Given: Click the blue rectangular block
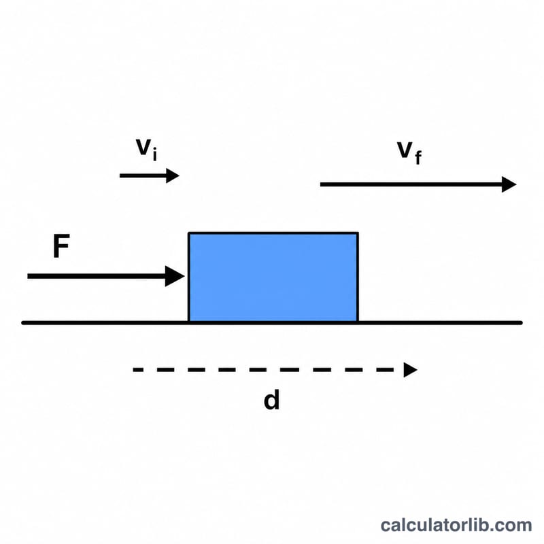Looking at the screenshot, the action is (x=273, y=277).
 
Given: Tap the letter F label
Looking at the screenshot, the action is (x=61, y=246).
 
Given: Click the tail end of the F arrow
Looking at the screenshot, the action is (x=28, y=276).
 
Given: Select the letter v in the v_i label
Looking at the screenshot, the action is (x=143, y=147).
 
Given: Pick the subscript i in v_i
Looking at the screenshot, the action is (x=155, y=154).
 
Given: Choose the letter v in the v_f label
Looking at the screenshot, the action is (x=405, y=150).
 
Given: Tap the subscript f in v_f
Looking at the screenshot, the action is (x=418, y=157).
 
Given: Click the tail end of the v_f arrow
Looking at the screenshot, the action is (x=320, y=184).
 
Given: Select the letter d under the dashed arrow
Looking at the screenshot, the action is (x=271, y=400).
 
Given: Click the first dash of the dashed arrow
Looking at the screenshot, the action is (x=138, y=370).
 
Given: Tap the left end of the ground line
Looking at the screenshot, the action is (x=22, y=323).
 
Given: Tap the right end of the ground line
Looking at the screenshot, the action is (x=521, y=323).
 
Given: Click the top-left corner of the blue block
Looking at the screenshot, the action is (x=188, y=233).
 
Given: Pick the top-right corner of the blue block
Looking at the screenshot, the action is (x=358, y=233).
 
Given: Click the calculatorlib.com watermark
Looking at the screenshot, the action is (x=456, y=525).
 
